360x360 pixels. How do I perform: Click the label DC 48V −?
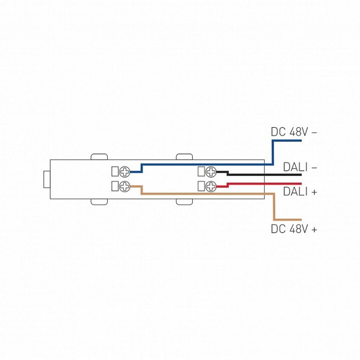tap(294, 132)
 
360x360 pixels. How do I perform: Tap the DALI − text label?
tap(300, 167)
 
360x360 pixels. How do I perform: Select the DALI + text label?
tap(300, 192)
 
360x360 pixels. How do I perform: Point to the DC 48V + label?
tap(294, 229)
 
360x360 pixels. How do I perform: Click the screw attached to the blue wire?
tap(125, 172)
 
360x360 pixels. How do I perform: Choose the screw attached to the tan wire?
tap(125, 186)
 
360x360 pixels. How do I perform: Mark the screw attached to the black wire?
tap(211, 172)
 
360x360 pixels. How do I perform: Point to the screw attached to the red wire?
tap(211, 186)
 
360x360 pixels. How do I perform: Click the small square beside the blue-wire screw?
tap(116, 172)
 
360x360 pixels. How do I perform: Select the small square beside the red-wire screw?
tap(201, 186)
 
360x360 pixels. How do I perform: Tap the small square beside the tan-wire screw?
tap(116, 186)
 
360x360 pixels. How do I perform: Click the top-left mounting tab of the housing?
tap(99, 157)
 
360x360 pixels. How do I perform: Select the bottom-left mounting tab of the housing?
tap(99, 202)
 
